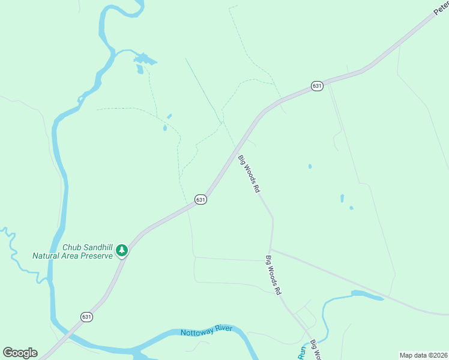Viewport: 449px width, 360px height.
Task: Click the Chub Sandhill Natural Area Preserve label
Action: (72, 251)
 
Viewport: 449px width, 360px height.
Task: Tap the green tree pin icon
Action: (122, 250)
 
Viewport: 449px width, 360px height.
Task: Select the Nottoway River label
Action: (206, 332)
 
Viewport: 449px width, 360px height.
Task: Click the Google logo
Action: (20, 352)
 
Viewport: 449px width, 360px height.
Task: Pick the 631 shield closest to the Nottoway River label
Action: (87, 316)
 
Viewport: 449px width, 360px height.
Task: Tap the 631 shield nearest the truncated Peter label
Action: (317, 86)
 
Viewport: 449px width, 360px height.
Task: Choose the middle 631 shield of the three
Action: (200, 199)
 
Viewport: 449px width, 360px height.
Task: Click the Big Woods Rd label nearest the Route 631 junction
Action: (249, 174)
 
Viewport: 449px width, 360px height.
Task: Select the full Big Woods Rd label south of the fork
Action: (274, 275)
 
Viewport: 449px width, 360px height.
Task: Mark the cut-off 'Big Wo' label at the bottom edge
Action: (314, 350)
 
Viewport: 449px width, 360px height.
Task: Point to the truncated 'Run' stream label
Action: (302, 354)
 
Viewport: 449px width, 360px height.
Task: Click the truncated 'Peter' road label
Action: (441, 7)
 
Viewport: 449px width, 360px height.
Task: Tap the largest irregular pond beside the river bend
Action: (144, 59)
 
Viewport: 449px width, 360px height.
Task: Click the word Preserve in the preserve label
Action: (97, 256)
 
